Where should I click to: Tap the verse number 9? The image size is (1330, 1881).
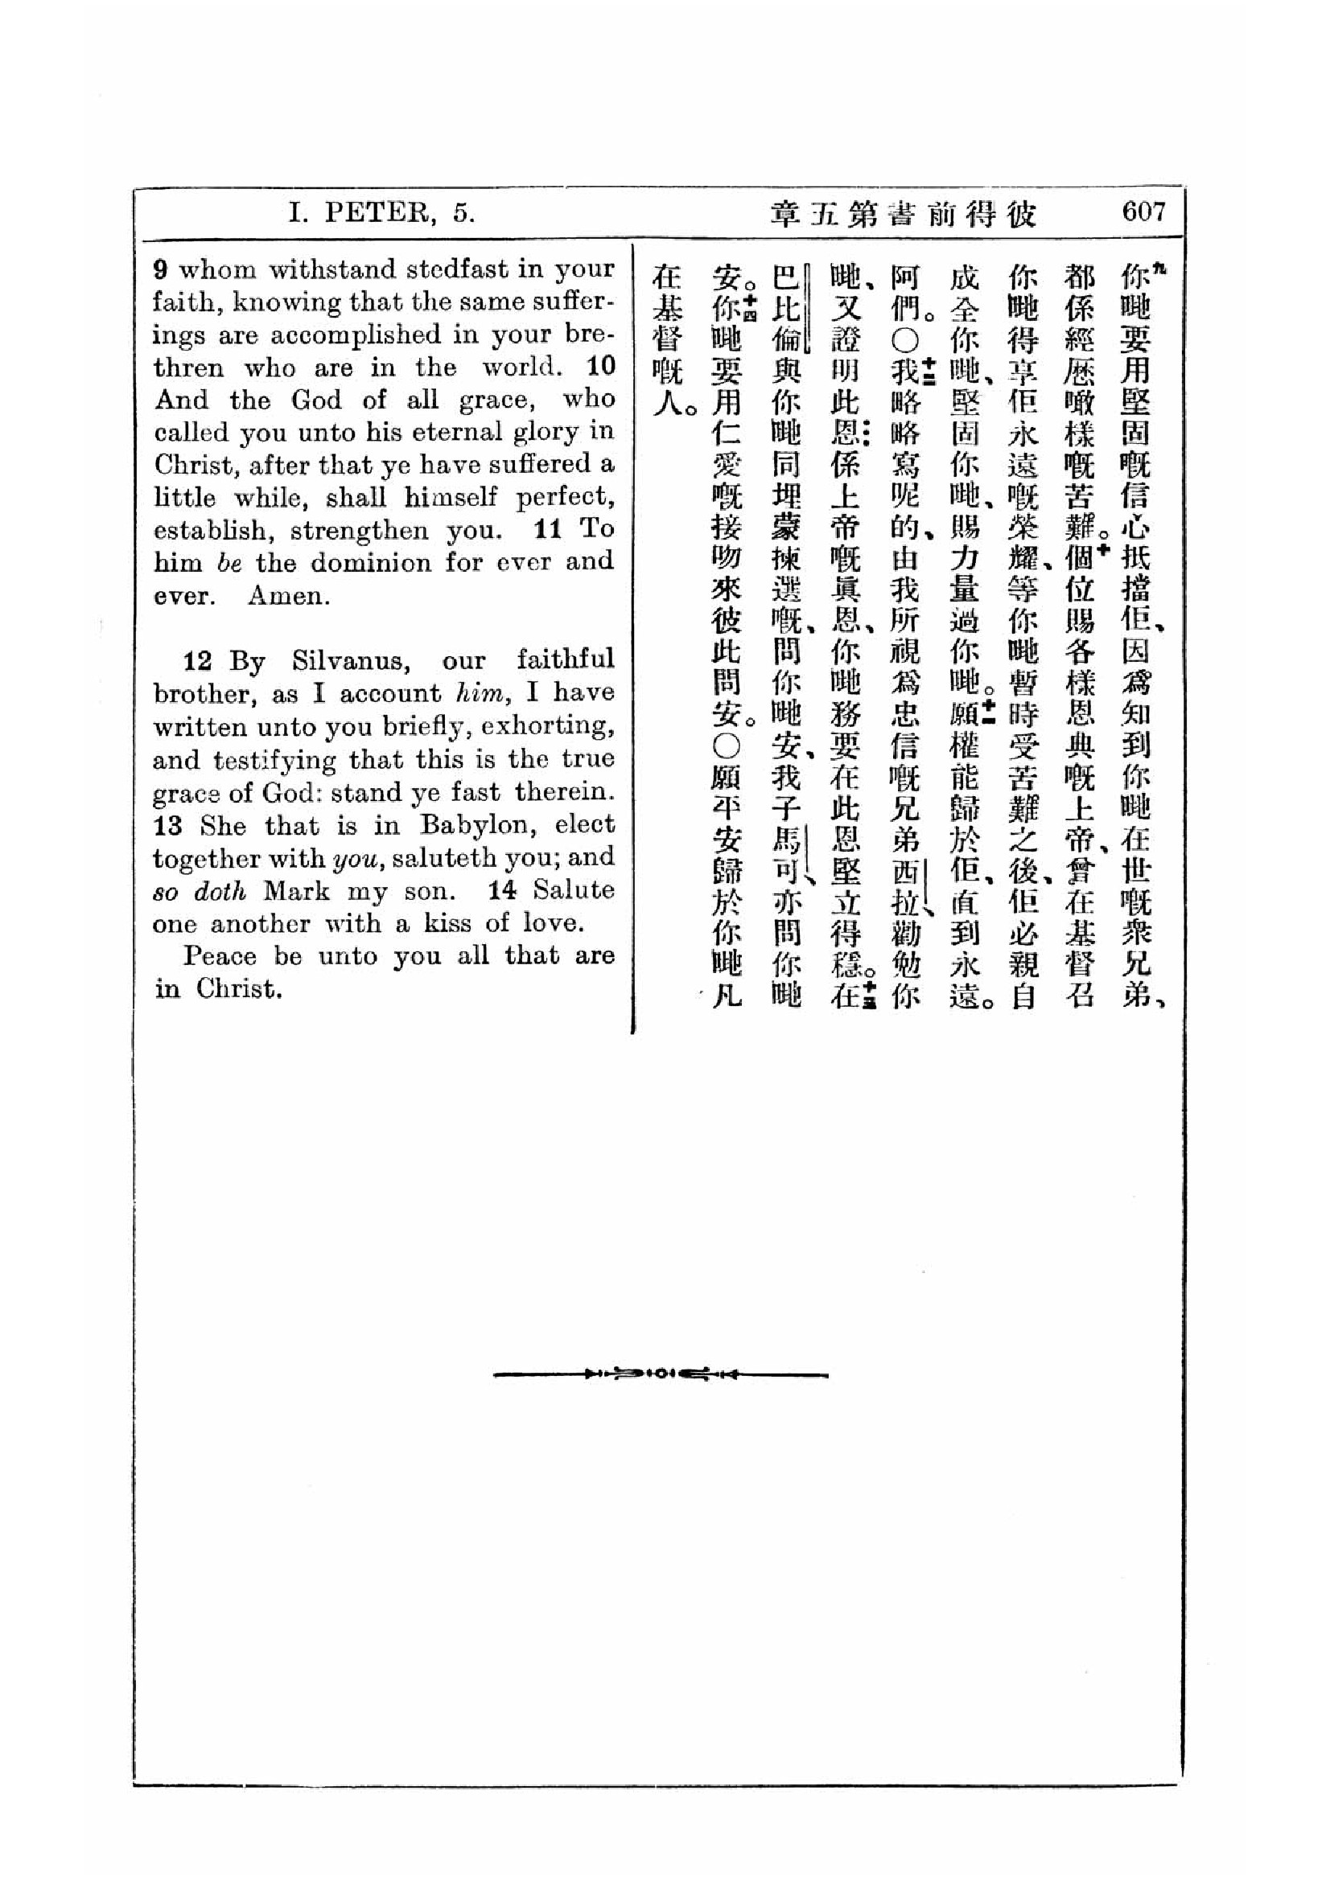coord(162,269)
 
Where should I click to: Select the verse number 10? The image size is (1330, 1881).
coord(601,366)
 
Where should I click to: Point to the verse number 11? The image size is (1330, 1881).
coord(547,530)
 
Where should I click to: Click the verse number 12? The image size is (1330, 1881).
coord(198,661)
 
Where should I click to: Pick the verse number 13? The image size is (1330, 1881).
coord(167,825)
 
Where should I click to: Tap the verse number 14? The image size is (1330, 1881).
coord(502,890)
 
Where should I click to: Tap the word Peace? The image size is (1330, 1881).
coord(219,956)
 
